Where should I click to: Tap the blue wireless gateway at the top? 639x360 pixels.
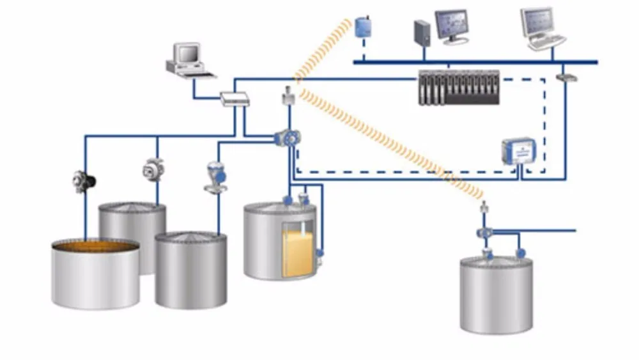[364, 26]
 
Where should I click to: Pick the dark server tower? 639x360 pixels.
[422, 35]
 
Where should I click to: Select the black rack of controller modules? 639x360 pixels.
[459, 88]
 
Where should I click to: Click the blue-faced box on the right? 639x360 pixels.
[518, 152]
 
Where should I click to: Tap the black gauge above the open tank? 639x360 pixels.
[83, 181]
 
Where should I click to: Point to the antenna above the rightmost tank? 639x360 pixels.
[484, 207]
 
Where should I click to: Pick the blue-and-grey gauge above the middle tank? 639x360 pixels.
[214, 176]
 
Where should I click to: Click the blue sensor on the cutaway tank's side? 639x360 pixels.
[319, 253]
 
